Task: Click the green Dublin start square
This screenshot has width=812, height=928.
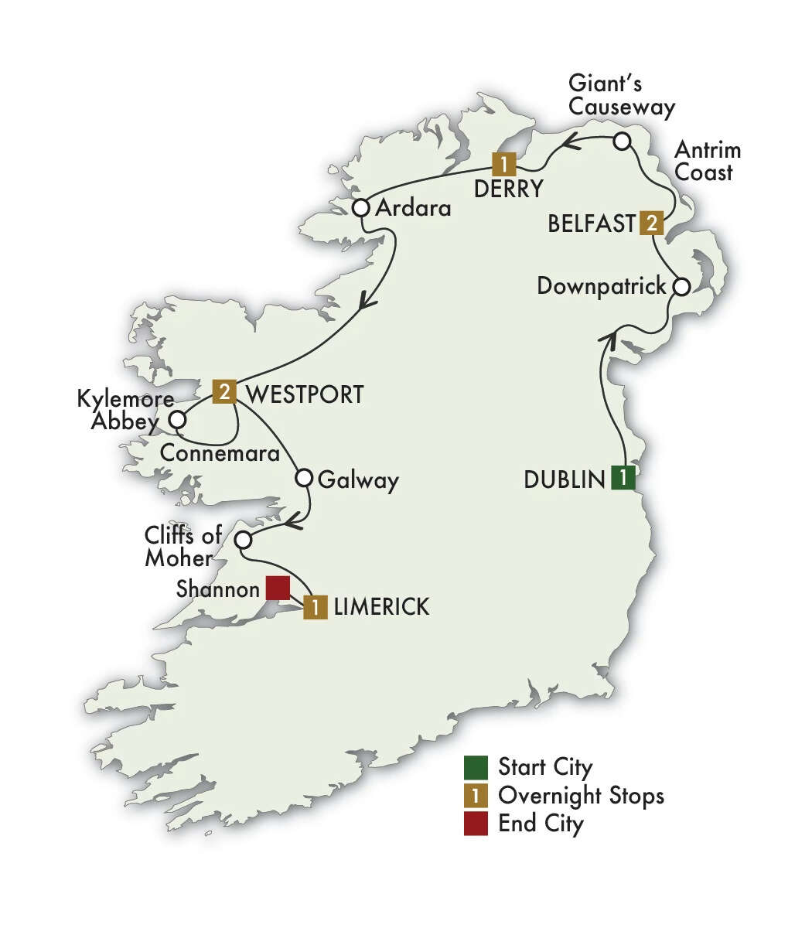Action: pyautogui.click(x=623, y=478)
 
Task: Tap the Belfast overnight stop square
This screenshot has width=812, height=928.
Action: pyautogui.click(x=652, y=223)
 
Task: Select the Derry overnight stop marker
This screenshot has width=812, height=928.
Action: pyautogui.click(x=504, y=164)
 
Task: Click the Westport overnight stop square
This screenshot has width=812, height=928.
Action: pyautogui.click(x=223, y=391)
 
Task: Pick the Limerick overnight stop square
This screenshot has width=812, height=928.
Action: pyautogui.click(x=315, y=607)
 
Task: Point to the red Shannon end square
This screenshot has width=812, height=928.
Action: pyautogui.click(x=277, y=589)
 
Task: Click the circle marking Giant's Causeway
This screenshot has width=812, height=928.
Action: pyautogui.click(x=623, y=142)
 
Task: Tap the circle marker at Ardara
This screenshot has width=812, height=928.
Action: pyautogui.click(x=360, y=208)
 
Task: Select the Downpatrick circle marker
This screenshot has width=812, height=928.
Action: pyautogui.click(x=681, y=287)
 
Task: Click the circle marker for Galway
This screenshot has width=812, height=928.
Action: pyautogui.click(x=305, y=478)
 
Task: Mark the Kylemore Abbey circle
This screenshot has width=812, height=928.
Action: pyautogui.click(x=178, y=420)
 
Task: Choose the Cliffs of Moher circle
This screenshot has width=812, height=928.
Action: pyautogui.click(x=243, y=539)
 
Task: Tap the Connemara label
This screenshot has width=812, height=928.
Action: pyautogui.click(x=220, y=454)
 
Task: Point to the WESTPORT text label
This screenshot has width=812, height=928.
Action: pyautogui.click(x=303, y=394)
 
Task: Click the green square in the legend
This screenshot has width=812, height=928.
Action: pyautogui.click(x=476, y=768)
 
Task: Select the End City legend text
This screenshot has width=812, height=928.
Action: pyautogui.click(x=541, y=823)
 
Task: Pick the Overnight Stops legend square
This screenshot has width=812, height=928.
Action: pyautogui.click(x=476, y=796)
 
